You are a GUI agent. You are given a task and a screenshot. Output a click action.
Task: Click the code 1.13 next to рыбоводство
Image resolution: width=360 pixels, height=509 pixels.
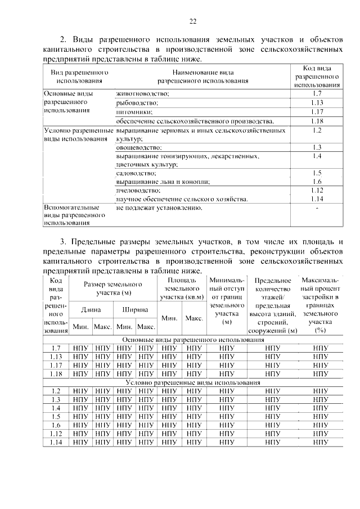317,102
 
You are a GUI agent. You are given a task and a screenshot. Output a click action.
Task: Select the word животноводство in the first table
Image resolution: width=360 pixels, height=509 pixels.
142,93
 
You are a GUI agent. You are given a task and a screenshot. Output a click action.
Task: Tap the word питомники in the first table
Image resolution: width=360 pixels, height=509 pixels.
133,112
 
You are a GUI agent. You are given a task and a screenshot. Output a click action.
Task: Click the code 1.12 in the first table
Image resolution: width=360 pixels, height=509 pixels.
317,191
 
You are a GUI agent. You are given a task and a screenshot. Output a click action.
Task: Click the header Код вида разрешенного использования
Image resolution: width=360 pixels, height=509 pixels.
317,76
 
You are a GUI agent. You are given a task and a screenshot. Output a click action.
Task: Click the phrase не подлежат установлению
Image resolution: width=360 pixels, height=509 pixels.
159,208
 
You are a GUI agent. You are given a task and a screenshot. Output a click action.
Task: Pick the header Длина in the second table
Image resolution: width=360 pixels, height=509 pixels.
91,309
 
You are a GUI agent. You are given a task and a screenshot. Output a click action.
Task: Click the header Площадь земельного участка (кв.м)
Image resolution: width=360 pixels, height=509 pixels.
182,289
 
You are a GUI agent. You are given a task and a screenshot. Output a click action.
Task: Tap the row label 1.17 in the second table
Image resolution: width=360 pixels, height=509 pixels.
56,364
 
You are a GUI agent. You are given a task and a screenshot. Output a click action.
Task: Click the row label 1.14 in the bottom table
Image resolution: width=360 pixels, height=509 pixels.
56,442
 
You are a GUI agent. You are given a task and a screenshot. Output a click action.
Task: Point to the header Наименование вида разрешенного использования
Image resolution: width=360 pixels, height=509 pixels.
202,76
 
